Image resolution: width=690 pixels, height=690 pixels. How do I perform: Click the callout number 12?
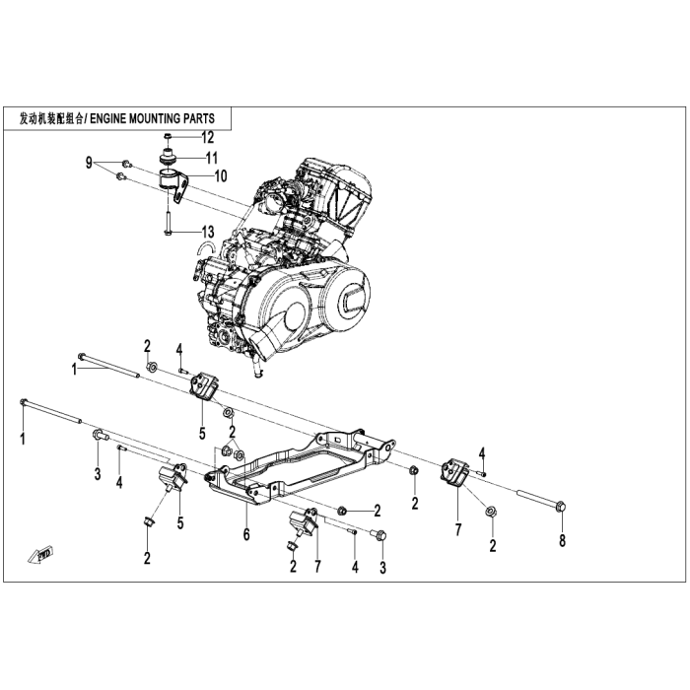[x=207, y=138]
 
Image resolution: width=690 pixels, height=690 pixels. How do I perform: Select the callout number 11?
[x=212, y=158]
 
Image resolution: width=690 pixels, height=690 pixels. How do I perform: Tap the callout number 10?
[x=221, y=176]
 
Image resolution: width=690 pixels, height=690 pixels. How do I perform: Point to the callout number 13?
[x=208, y=232]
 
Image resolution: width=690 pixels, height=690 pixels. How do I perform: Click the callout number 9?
[x=90, y=164]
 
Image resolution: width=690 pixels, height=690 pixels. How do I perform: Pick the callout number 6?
[x=246, y=534]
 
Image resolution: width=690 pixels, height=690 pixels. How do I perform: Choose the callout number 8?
[x=562, y=541]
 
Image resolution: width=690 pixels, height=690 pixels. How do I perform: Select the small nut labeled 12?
[x=168, y=137]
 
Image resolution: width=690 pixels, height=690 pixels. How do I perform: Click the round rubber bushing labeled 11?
[x=168, y=158]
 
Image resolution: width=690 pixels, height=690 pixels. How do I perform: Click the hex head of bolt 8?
[x=561, y=506]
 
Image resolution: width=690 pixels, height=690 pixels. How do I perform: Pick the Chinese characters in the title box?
[x=51, y=119]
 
